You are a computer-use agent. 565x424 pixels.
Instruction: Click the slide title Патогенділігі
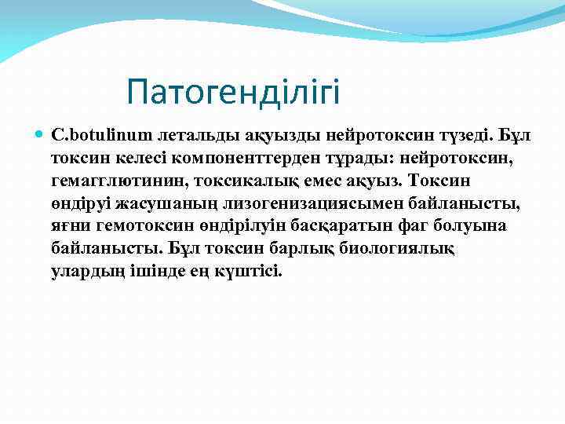[x=234, y=93]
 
